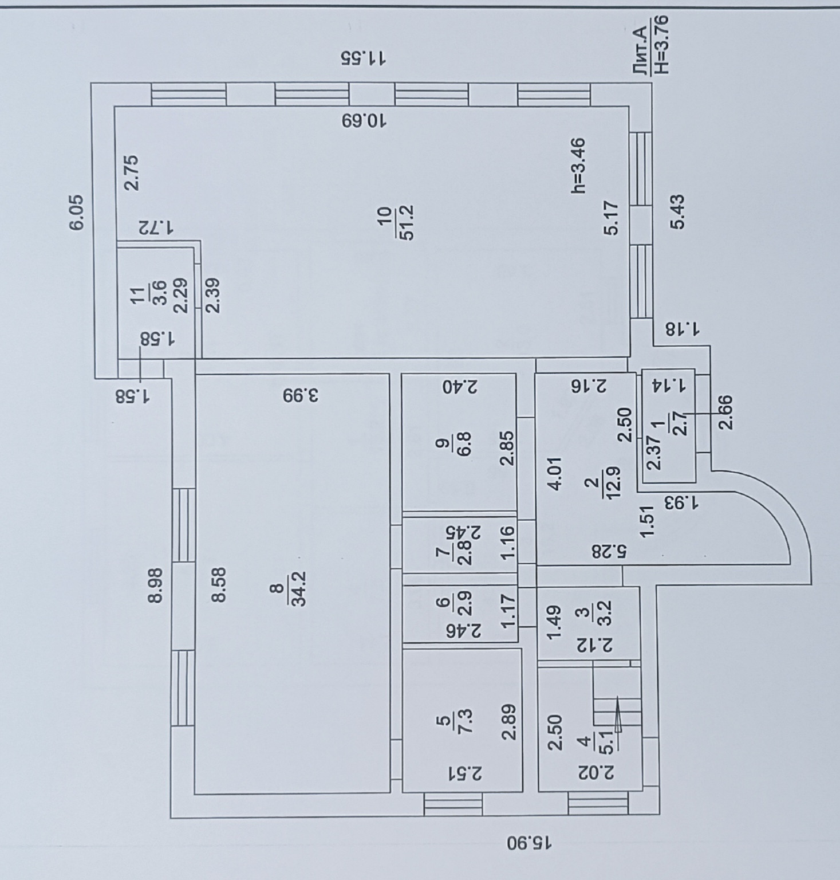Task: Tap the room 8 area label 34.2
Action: (299, 588)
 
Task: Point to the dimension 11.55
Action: (364, 58)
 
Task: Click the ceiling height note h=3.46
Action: (579, 166)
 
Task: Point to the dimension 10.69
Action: (364, 121)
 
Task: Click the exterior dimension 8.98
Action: (155, 584)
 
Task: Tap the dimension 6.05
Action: (77, 213)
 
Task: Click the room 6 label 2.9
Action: (464, 603)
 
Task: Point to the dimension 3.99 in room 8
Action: (301, 395)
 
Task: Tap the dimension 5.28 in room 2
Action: (610, 552)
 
